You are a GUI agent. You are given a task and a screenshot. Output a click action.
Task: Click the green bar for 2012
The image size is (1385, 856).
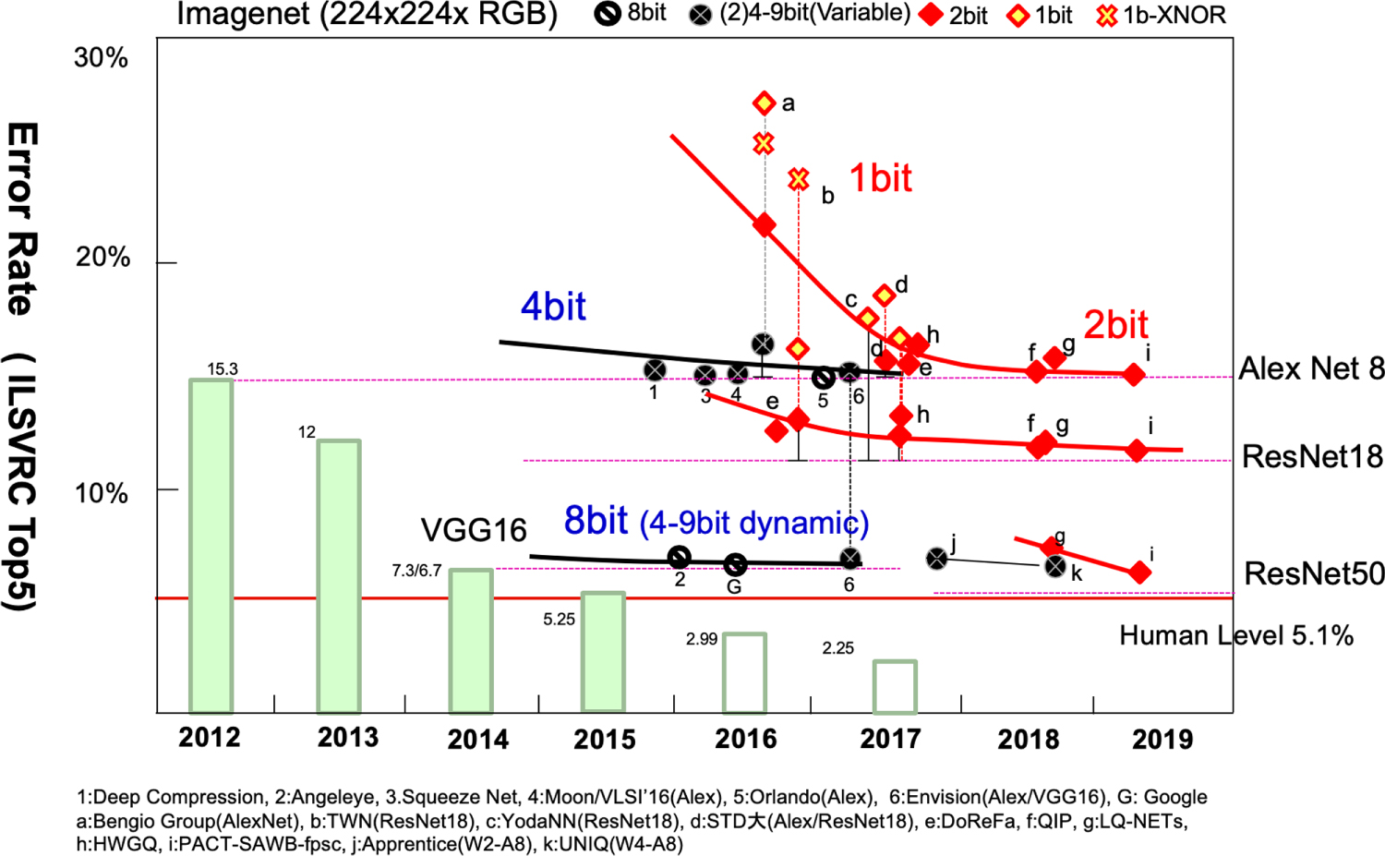pyautogui.click(x=211, y=546)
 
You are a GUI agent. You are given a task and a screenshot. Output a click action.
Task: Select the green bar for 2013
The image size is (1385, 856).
pyautogui.click(x=339, y=576)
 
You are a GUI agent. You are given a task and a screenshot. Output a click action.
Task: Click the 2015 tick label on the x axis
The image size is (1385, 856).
pyautogui.click(x=605, y=740)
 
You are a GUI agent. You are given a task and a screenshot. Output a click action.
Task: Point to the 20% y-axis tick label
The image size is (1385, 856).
pyautogui.click(x=102, y=258)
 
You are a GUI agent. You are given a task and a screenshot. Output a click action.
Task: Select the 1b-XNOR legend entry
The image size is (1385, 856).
pyautogui.click(x=1161, y=15)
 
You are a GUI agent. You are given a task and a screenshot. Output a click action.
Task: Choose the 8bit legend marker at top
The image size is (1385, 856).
pyautogui.click(x=608, y=14)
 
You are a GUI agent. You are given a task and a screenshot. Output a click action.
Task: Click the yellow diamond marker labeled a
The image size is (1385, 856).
pyautogui.click(x=764, y=102)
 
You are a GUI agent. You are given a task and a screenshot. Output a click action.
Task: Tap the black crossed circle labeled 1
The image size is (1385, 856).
pyautogui.click(x=655, y=370)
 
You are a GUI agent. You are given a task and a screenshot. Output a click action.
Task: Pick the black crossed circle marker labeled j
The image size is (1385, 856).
pyautogui.click(x=937, y=558)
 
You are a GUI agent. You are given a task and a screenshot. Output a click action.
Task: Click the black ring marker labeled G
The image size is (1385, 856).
pyautogui.click(x=735, y=564)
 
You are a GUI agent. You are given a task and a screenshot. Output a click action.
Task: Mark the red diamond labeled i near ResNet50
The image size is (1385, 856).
pyautogui.click(x=1139, y=573)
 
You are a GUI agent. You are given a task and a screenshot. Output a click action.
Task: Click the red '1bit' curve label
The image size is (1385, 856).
pyautogui.click(x=880, y=177)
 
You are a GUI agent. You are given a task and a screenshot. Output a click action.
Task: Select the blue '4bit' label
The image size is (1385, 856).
pyautogui.click(x=553, y=307)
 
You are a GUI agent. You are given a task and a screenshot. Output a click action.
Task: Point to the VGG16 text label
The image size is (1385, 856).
pyautogui.click(x=474, y=530)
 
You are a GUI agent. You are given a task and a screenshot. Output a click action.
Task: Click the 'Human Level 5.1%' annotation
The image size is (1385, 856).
pyautogui.click(x=1236, y=635)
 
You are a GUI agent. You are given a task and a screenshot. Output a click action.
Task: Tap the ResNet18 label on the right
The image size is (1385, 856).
pyautogui.click(x=1312, y=456)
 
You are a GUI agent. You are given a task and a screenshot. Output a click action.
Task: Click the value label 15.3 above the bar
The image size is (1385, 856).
pyautogui.click(x=223, y=369)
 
